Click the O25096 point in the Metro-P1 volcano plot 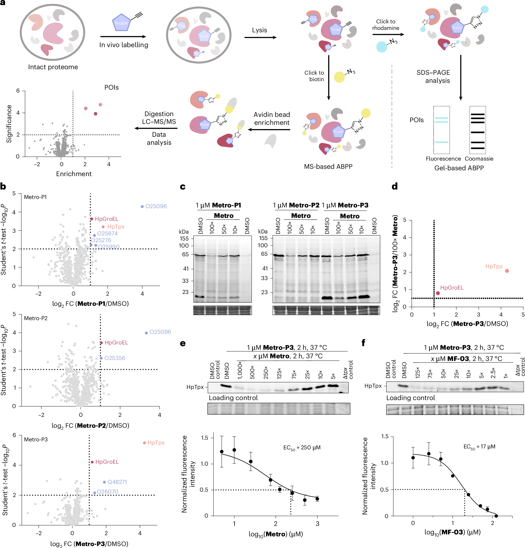142,206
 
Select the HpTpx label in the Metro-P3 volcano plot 156,443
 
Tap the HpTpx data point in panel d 507,271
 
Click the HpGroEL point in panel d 438,293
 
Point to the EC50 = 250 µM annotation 302,448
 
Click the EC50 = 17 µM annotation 479,447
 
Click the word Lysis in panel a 259,30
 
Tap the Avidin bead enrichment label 271,119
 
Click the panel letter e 183,343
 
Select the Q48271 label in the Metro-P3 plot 117,482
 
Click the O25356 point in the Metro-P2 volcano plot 101,358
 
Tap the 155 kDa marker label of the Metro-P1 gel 184,239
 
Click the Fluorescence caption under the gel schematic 443,159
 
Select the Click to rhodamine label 386,25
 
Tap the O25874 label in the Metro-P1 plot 107,233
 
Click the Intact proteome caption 53,67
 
